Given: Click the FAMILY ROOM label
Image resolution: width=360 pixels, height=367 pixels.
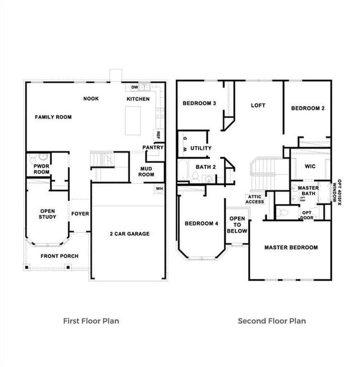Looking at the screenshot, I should (53, 117).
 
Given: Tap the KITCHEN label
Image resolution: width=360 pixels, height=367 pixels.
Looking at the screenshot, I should (138, 99).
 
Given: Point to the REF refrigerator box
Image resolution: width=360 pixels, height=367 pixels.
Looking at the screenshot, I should (158, 134).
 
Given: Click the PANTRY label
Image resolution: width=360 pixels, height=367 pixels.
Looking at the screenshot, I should (152, 147).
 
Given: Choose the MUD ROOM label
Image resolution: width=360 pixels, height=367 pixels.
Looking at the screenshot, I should (146, 171).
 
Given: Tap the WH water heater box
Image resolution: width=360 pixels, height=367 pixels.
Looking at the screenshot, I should (159, 189).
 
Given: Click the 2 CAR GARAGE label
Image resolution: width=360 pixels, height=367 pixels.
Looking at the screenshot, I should (129, 234).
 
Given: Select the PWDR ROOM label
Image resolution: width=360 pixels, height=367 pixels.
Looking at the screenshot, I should (42, 169).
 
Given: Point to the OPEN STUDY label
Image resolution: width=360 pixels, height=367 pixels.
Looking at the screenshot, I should (48, 214).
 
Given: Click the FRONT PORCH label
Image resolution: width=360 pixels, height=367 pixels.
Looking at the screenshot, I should (59, 256).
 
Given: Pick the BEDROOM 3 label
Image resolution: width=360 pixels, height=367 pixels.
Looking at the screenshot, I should (199, 103).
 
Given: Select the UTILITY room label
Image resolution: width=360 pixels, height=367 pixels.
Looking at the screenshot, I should (200, 149).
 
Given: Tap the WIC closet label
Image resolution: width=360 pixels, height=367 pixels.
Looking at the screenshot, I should (310, 166).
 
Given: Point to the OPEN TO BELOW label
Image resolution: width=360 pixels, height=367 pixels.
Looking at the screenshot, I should (237, 225).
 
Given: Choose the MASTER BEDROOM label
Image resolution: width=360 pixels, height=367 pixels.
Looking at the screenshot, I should (291, 247).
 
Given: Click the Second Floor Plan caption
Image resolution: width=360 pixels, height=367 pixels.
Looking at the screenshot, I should (271, 320).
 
